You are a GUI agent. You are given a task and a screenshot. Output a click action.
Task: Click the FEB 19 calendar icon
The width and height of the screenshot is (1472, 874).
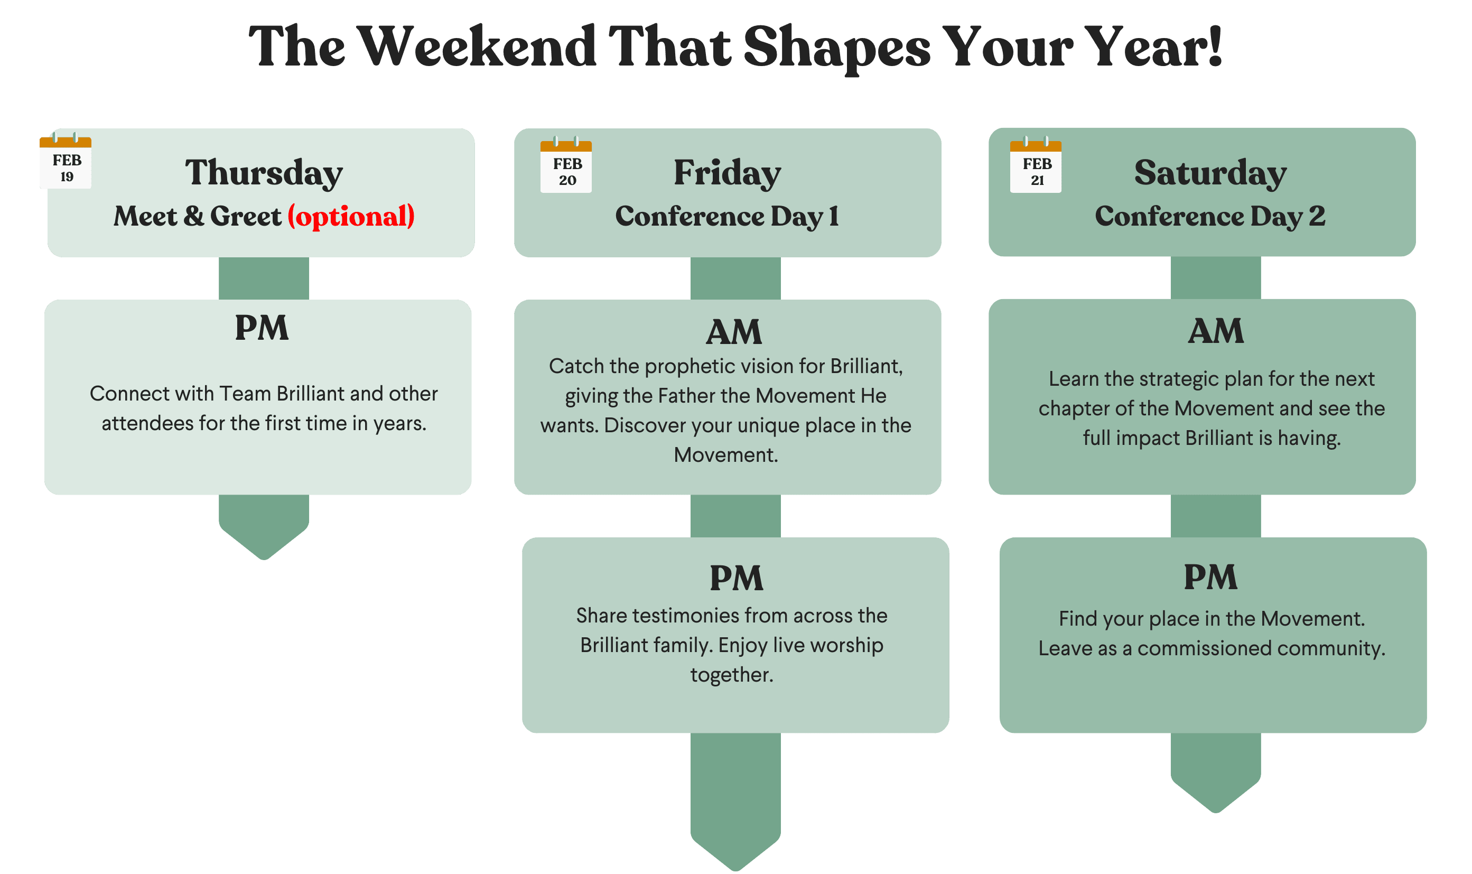click(x=66, y=161)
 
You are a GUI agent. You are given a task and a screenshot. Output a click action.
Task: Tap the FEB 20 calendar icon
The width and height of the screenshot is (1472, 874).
click(x=566, y=165)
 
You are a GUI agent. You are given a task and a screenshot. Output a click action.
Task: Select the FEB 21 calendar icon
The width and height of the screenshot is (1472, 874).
click(x=1036, y=165)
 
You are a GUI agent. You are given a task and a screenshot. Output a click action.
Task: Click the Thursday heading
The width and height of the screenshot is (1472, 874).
click(x=264, y=173)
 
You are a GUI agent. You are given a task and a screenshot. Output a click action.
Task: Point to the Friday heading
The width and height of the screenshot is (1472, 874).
click(x=727, y=173)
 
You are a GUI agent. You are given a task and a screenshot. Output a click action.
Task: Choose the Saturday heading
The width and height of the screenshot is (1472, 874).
click(x=1210, y=173)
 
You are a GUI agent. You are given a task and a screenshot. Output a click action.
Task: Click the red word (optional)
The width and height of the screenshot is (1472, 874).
click(x=351, y=216)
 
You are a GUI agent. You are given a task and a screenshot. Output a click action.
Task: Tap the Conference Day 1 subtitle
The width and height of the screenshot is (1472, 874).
click(x=727, y=216)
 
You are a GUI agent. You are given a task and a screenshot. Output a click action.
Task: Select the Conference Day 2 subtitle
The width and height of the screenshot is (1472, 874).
click(x=1210, y=216)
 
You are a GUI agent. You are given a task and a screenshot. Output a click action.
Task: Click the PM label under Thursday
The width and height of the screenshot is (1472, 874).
click(x=262, y=328)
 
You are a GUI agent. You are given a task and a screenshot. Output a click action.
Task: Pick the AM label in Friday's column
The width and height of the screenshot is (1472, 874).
click(x=734, y=332)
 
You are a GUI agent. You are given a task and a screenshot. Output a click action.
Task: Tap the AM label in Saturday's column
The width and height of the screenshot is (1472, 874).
click(x=1216, y=331)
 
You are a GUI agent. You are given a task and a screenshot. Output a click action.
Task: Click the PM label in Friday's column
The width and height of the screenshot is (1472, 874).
click(x=737, y=578)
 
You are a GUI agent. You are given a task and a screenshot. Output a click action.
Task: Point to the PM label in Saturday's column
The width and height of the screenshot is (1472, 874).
click(x=1210, y=577)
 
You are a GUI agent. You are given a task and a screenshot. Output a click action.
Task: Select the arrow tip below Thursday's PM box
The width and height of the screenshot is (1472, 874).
click(x=264, y=559)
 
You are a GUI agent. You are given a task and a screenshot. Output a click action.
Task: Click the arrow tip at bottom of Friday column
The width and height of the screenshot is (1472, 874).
click(x=735, y=870)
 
